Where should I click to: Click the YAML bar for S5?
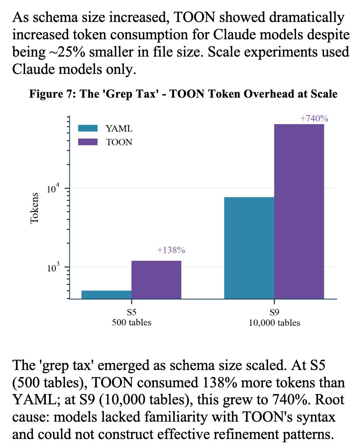106,295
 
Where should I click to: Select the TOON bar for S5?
156,280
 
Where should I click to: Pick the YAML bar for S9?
249,248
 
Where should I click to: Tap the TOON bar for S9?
299,212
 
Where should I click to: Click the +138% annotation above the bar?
171,250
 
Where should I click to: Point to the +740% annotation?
314,119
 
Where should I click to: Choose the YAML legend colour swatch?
88,128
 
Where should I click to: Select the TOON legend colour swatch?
88,142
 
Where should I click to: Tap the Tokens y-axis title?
34,208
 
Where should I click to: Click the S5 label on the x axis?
132,313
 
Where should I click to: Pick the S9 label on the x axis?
274,313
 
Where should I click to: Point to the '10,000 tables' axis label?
274,323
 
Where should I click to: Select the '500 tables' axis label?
132,323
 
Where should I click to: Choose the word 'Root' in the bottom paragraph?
330,400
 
